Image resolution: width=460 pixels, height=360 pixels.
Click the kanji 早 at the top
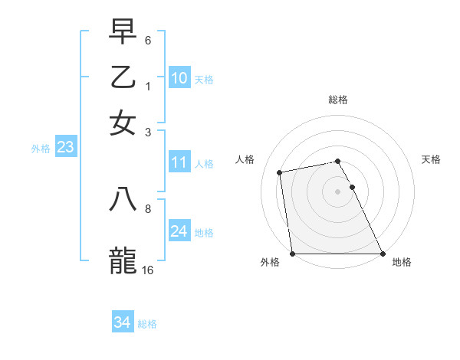(123, 34)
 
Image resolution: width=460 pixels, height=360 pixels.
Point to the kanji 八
(123, 198)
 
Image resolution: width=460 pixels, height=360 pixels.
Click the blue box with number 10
(179, 77)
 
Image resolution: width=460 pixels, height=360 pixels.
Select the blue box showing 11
(179, 162)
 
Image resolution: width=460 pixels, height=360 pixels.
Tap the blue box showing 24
(179, 231)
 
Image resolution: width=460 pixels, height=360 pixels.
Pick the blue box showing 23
(65, 148)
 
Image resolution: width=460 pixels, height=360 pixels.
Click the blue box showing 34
(122, 323)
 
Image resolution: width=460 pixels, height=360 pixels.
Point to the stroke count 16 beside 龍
(148, 270)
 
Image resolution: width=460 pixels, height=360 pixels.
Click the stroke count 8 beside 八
(148, 208)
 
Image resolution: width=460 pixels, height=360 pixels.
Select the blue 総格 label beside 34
(147, 324)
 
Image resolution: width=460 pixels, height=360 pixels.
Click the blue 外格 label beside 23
(41, 149)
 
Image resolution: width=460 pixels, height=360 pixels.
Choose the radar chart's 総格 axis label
(338, 100)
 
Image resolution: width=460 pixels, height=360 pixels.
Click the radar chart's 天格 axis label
(432, 159)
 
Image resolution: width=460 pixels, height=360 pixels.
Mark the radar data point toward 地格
(383, 254)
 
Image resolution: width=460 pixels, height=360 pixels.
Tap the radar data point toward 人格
(280, 172)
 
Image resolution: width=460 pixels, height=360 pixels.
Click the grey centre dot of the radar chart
(338, 191)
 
